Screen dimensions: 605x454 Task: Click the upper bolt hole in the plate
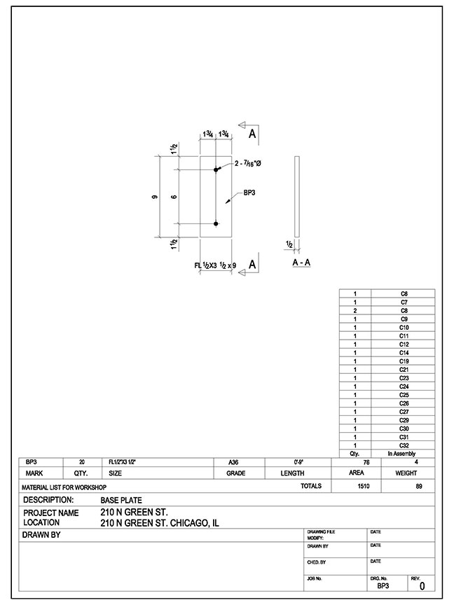[x=216, y=169]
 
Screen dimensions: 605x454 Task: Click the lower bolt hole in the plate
[x=216, y=223]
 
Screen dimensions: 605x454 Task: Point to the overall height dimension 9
[x=154, y=197]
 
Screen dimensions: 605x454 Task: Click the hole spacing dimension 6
[x=173, y=197]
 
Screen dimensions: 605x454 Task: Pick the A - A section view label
[x=301, y=263]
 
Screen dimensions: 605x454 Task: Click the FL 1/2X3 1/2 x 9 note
[x=216, y=265]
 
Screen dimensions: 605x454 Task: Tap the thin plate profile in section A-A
[x=298, y=196]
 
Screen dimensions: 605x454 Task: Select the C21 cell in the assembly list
[x=404, y=370]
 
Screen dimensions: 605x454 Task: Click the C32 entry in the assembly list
[x=404, y=445]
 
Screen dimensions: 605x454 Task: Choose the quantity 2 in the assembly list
[x=356, y=311]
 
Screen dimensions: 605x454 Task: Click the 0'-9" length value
[x=298, y=463]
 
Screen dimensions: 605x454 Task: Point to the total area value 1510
[x=364, y=485]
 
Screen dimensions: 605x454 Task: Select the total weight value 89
[x=419, y=485]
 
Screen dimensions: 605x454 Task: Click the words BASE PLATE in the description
[x=121, y=501]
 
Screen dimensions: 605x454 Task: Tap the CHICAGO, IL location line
[x=160, y=522]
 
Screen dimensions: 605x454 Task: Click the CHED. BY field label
[x=317, y=562]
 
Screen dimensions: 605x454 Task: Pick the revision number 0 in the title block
[x=421, y=586]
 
